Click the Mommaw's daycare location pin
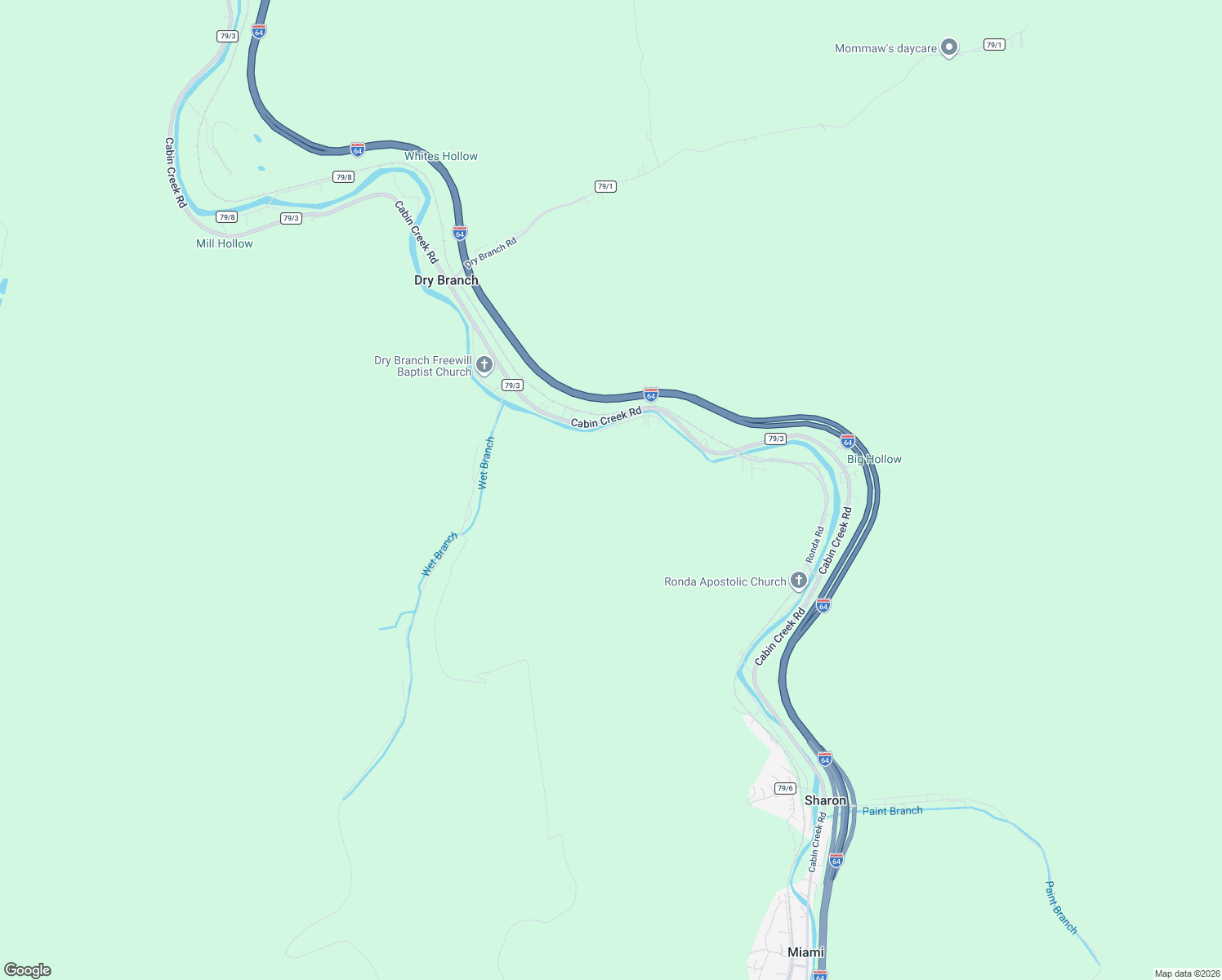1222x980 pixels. (x=948, y=47)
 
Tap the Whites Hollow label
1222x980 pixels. (x=441, y=156)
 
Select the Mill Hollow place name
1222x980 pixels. (x=225, y=243)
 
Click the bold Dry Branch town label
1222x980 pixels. (x=446, y=280)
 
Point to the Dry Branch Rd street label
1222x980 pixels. (x=490, y=253)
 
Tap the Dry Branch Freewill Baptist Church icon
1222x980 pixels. (x=484, y=364)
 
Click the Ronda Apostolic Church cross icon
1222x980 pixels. (x=799, y=581)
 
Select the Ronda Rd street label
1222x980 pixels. (x=814, y=545)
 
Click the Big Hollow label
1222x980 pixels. (x=874, y=459)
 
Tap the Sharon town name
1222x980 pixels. (x=825, y=800)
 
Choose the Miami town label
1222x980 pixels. (x=805, y=952)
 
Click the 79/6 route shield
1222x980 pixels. (x=785, y=788)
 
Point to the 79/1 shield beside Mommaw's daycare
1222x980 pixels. (x=994, y=45)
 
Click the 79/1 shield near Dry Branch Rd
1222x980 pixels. (x=605, y=186)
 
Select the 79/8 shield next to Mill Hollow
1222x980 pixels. (x=227, y=217)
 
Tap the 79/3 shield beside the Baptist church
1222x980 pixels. (x=512, y=385)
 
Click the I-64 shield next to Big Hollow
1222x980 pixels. (x=848, y=441)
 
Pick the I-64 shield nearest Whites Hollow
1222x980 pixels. (x=358, y=149)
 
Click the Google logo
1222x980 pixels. (x=28, y=970)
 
